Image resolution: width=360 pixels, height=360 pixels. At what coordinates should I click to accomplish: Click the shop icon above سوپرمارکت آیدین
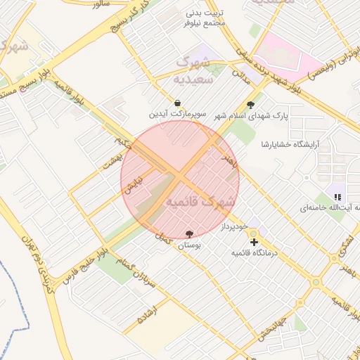point(176,103)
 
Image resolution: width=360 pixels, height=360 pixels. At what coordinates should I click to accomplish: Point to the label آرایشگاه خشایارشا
point(290,144)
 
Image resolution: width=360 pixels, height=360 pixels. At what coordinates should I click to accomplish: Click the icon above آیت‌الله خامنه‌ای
point(338,197)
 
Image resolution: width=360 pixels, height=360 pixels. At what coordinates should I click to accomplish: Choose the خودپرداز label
point(233,226)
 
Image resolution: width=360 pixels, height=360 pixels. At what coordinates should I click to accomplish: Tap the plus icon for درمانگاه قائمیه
point(254,242)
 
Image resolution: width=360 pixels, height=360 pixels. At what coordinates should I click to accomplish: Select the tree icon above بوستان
point(189,234)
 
